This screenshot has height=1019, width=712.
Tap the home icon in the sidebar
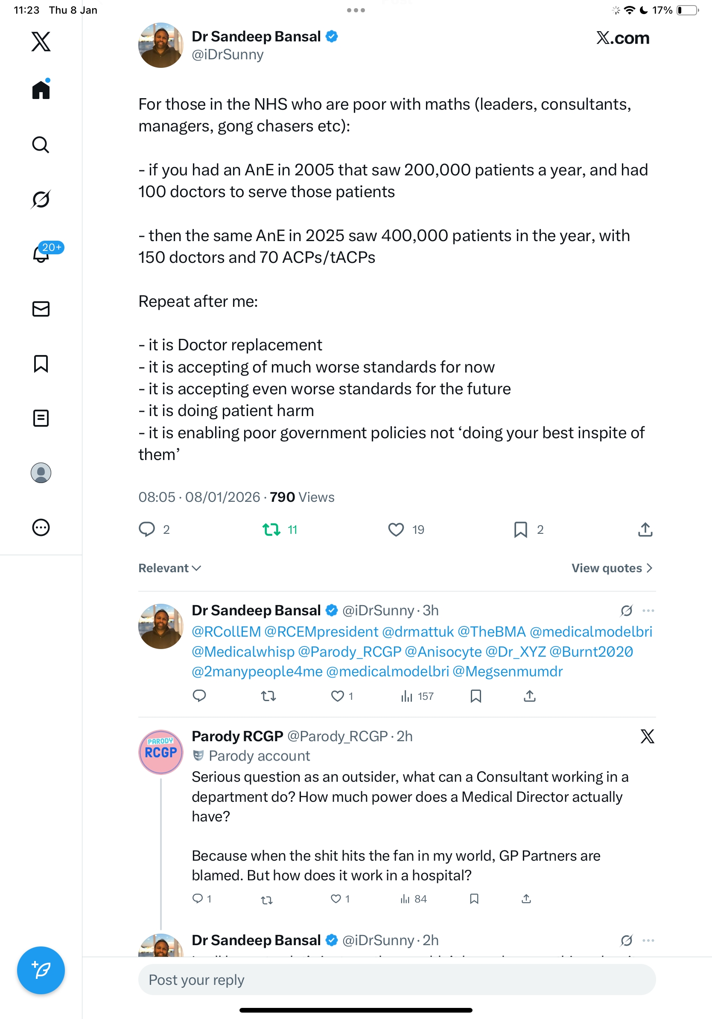click(41, 90)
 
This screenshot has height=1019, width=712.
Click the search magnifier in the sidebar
click(41, 145)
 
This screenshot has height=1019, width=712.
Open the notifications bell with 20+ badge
click(41, 254)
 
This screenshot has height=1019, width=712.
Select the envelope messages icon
click(41, 309)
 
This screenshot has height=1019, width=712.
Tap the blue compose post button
click(41, 970)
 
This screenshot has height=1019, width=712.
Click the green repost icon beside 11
click(271, 530)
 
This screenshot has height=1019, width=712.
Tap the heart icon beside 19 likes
click(396, 530)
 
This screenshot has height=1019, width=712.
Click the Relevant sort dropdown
click(169, 568)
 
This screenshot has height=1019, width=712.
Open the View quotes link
click(611, 568)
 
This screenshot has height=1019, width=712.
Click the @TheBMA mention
click(491, 632)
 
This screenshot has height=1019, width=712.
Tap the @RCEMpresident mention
click(321, 632)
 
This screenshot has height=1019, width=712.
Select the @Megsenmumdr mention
click(508, 671)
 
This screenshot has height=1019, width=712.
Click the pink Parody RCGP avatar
click(160, 752)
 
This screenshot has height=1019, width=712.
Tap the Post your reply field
click(397, 979)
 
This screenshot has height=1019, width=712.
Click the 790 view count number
click(282, 497)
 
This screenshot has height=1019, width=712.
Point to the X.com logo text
click(622, 38)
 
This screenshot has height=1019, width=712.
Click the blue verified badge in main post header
click(332, 36)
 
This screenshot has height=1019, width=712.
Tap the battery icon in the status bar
click(687, 10)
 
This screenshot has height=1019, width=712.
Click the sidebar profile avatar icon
click(41, 473)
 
